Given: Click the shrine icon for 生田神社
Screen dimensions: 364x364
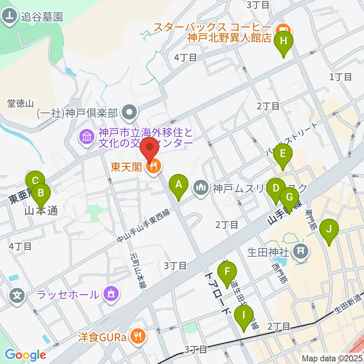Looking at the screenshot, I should (302, 251).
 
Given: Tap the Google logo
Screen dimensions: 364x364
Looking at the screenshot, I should (25, 355).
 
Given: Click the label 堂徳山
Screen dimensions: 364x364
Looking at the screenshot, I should (21, 103).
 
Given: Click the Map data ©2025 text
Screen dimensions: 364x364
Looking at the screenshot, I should (332, 358).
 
